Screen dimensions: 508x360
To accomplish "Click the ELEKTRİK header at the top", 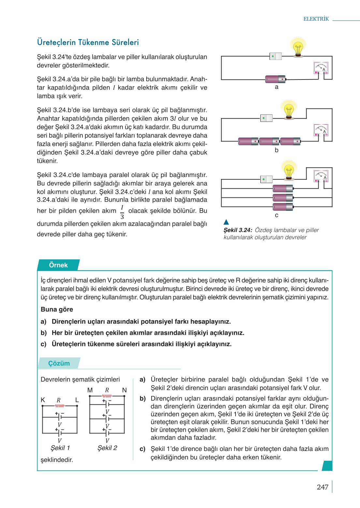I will coord(316,19).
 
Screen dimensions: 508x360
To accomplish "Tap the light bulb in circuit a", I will coord(298,48).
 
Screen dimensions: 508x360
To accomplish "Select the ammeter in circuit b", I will coord(321,130).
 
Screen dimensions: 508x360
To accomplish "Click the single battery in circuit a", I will coord(275,79).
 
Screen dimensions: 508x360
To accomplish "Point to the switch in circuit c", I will coord(266,179).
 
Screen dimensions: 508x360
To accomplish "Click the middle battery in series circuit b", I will coord(269,141).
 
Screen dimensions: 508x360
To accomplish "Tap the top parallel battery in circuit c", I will coord(283,188).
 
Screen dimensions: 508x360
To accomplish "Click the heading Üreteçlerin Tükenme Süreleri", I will coord(88,42).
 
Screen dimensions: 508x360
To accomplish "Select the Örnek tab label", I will coord(58,265).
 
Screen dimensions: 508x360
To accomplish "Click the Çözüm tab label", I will coord(59,363).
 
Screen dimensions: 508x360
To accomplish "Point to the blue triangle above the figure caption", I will coord(226,222).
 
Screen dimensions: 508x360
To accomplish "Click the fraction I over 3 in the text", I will coord(122,212).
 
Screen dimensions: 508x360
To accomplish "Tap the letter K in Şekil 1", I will coord(43,400).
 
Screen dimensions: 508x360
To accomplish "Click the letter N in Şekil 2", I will coord(124,390).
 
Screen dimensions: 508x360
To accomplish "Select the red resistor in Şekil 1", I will coord(60,406).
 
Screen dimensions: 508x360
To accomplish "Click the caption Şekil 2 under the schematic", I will coord(107,448).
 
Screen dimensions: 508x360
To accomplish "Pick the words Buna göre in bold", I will coord(57,309).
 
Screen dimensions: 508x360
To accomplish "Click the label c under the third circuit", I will coord(277,215).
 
